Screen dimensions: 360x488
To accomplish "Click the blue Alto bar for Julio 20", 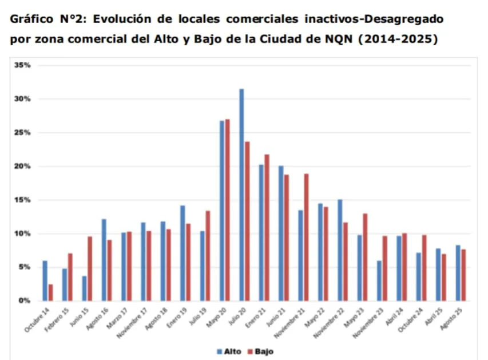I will [241, 195].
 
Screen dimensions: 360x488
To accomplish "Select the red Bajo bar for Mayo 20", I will [228, 209].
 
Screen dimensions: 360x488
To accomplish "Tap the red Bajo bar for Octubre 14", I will [50, 292].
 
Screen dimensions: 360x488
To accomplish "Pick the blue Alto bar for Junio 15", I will [84, 288].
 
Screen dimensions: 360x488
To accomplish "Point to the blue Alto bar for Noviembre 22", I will [340, 250].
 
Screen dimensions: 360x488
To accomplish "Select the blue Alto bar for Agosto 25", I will [458, 273].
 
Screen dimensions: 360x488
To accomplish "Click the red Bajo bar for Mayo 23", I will [365, 257].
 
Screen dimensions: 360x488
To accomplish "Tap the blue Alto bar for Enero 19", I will [182, 253].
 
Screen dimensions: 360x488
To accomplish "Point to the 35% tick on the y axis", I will [23, 65].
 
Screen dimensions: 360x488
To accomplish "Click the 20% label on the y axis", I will [23, 167].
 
